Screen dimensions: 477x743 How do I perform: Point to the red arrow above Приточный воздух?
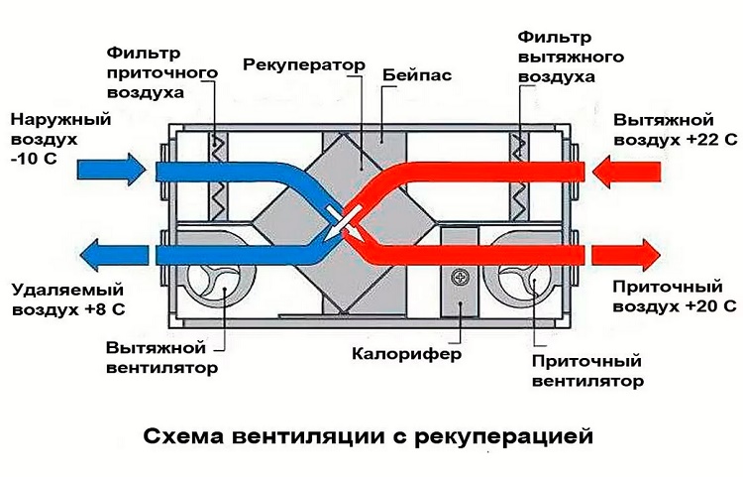(627, 255)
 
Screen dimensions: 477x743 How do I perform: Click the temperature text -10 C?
(35, 156)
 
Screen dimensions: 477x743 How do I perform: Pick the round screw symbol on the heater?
(458, 276)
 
